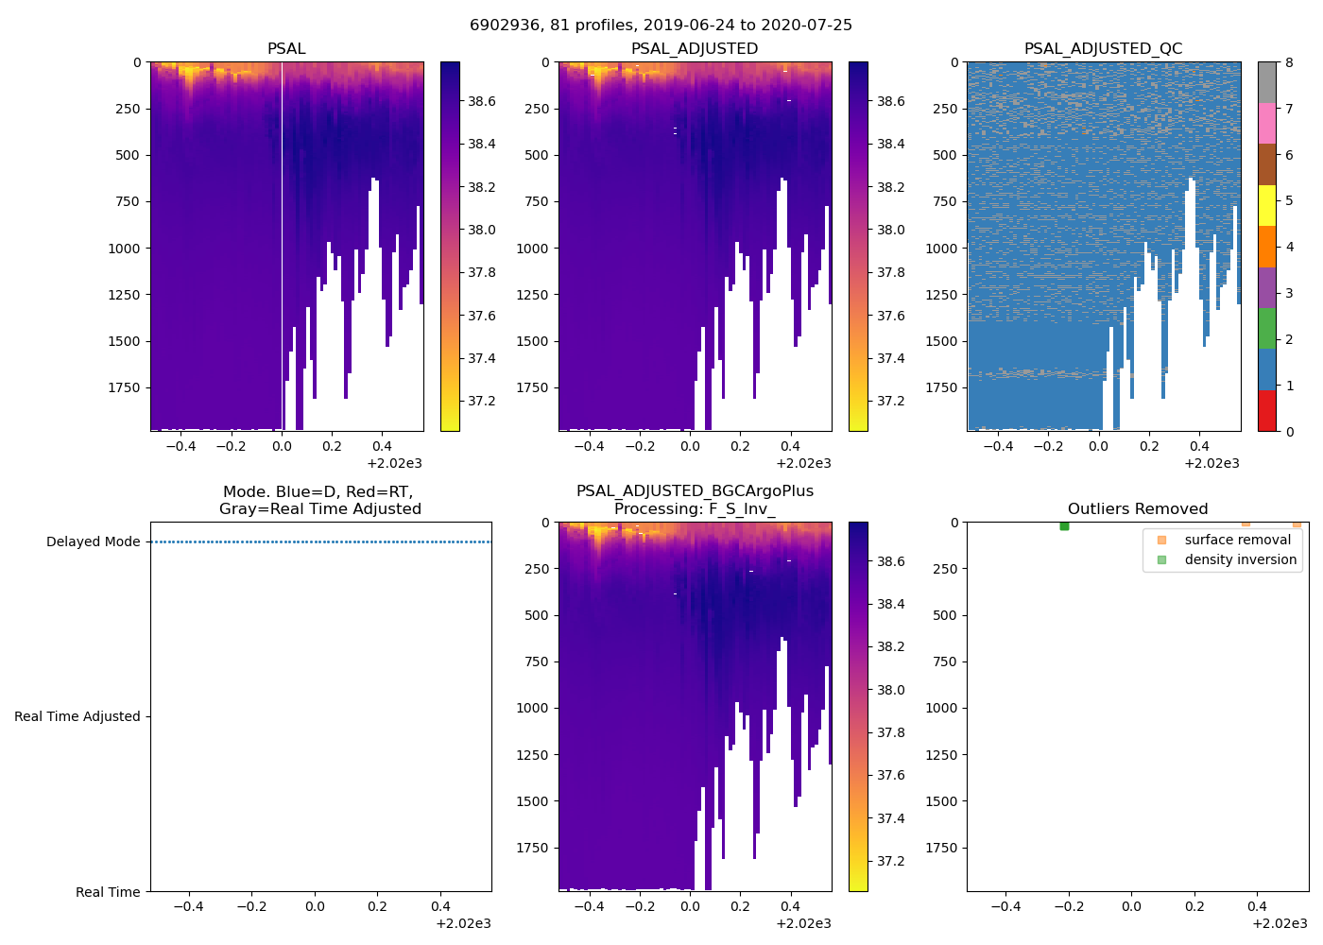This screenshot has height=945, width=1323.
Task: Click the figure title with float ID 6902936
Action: (661, 26)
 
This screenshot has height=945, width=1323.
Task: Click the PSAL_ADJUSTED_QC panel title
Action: (1103, 49)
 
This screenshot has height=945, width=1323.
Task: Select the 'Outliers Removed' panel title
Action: (1137, 509)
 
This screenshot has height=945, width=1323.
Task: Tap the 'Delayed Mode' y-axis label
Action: (93, 542)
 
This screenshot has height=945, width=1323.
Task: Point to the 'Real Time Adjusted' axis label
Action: (77, 717)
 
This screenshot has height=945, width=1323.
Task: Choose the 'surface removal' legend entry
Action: (1237, 541)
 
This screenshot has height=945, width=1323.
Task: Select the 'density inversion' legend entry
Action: (1240, 560)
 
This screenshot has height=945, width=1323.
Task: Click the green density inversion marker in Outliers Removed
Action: (1064, 525)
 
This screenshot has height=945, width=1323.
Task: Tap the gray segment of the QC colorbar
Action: (1267, 82)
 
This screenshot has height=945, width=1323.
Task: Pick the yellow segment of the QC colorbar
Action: (1267, 205)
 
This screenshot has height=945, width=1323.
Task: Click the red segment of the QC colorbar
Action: (1267, 411)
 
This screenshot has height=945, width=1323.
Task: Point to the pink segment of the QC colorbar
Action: (1267, 123)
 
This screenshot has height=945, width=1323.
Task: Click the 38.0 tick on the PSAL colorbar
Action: (481, 231)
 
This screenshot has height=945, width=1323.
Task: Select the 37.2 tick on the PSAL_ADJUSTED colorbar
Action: (890, 402)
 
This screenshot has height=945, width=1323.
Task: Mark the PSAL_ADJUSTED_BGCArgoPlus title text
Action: (695, 491)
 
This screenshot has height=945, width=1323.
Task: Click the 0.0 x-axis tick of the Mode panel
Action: (314, 907)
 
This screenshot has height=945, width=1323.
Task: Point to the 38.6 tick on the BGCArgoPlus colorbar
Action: (890, 562)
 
